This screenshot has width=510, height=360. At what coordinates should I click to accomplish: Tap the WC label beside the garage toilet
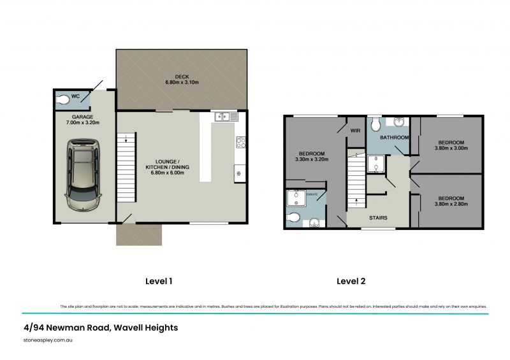(x=75, y=96)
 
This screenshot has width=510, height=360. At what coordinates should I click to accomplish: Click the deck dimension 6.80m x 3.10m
(x=182, y=83)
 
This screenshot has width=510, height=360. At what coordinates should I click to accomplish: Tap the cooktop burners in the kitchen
(x=242, y=143)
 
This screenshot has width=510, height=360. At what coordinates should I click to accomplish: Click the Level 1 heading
(x=156, y=280)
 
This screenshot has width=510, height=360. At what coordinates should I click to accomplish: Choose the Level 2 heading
(x=351, y=280)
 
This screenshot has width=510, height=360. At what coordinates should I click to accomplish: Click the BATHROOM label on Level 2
(x=395, y=137)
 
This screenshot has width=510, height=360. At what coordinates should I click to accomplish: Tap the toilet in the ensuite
(x=294, y=218)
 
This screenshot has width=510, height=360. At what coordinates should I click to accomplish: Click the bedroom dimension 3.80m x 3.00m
(x=451, y=148)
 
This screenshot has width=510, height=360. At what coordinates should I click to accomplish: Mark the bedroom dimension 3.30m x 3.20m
(x=312, y=160)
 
